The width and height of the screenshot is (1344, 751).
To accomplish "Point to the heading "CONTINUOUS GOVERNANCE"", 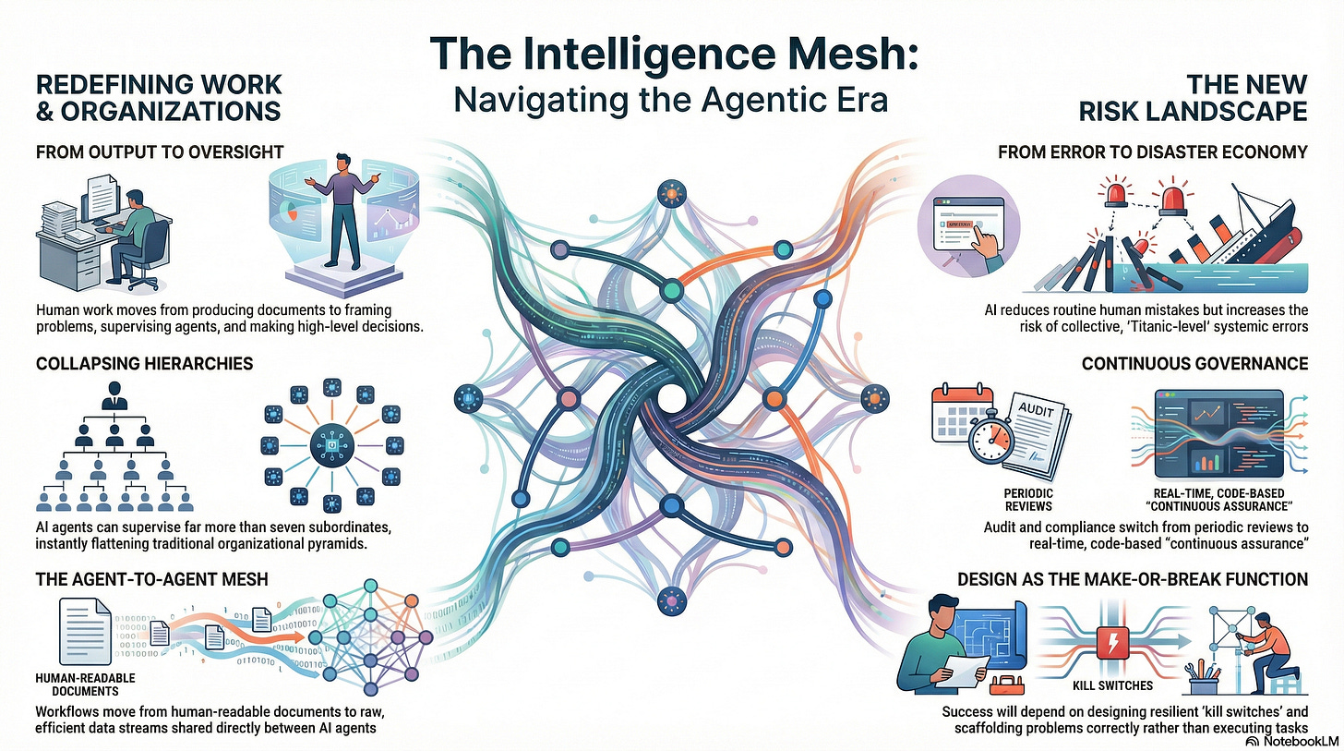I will pos(1194,363).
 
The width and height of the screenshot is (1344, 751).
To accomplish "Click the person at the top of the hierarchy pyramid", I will pos(115,397).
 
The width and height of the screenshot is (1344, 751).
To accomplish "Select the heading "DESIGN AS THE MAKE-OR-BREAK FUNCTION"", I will pos(1133,579).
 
